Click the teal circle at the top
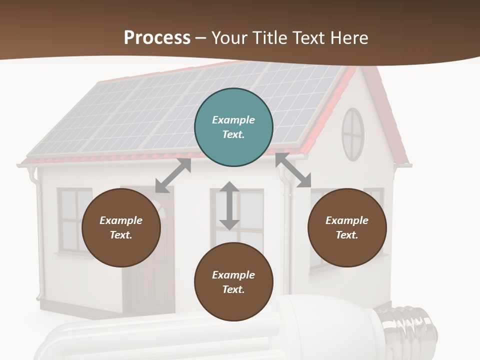tap(233, 127)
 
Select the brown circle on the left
tap(121, 227)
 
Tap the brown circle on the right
tap(347, 227)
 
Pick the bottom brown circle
tap(233, 282)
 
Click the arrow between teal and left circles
tap(173, 175)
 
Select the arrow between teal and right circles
tap(293, 170)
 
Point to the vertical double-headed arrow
tap(229, 205)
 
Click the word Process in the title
tap(157, 37)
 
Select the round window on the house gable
tap(353, 134)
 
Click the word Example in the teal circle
tap(233, 120)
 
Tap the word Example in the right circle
tap(347, 220)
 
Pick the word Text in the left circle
tap(120, 235)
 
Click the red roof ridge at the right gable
tap(387, 115)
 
